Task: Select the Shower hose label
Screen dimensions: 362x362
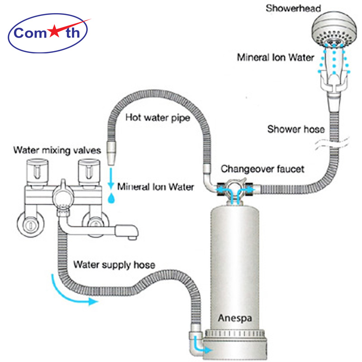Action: click(296, 129)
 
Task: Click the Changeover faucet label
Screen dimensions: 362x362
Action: click(262, 169)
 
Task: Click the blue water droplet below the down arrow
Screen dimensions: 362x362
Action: click(111, 197)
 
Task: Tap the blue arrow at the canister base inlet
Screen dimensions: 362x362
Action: click(204, 349)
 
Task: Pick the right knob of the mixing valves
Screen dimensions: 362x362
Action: click(88, 170)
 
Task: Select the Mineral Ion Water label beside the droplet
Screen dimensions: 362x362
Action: click(156, 186)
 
